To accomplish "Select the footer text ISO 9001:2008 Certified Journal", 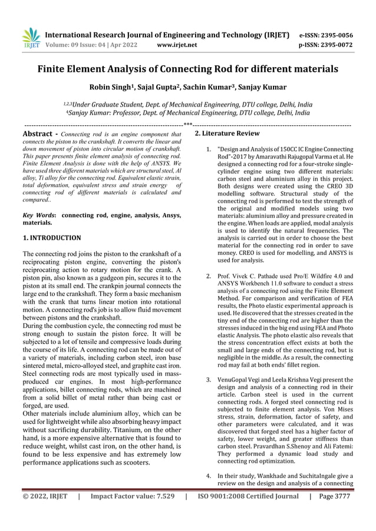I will coord(248,497).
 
